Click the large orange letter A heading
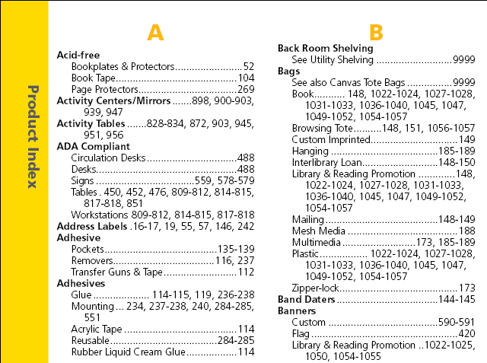(155, 33)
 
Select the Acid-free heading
(79, 56)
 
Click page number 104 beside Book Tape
(246, 78)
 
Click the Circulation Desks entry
(107, 158)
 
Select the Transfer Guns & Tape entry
(116, 272)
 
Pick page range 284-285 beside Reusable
(236, 340)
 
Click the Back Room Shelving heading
(325, 48)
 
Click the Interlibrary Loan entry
(330, 162)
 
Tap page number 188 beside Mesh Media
(466, 231)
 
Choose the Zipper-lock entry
(315, 288)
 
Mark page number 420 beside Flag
(466, 333)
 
